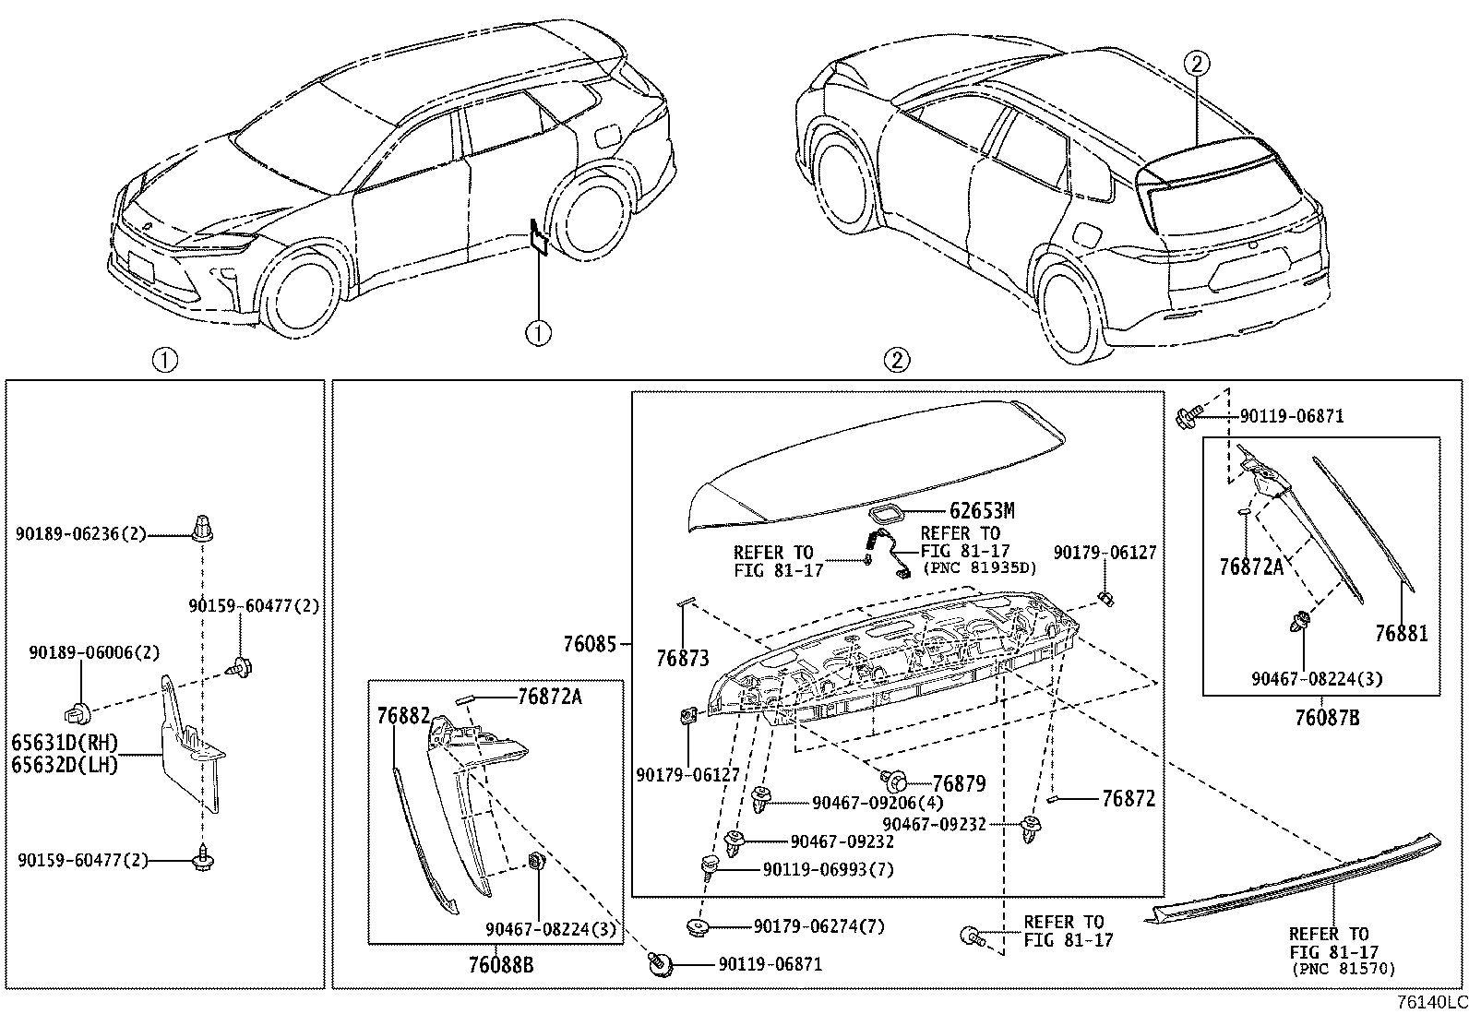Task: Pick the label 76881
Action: pyautogui.click(x=1401, y=634)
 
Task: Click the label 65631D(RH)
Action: pyautogui.click(x=65, y=744)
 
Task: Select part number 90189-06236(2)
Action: pyautogui.click(x=81, y=533)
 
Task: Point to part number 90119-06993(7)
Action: pyautogui.click(x=828, y=869)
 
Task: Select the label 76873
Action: pyautogui.click(x=683, y=658)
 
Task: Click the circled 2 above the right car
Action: pyautogui.click(x=1196, y=64)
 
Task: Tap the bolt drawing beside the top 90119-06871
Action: pyautogui.click(x=1188, y=417)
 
